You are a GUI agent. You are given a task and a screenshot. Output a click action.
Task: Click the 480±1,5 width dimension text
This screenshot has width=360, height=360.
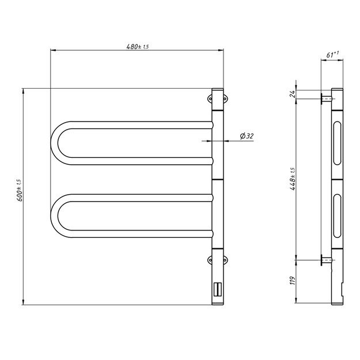pyautogui.click(x=137, y=47)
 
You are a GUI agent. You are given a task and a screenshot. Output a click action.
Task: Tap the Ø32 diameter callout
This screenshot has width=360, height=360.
pyautogui.click(x=247, y=136)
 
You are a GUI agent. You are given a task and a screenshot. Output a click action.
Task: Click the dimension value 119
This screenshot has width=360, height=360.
pyautogui.click(x=293, y=281)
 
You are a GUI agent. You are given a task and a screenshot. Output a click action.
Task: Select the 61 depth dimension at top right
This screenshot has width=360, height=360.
pyautogui.click(x=332, y=55)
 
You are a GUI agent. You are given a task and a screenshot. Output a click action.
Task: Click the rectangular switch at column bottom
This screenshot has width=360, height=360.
pyautogui.click(x=218, y=289)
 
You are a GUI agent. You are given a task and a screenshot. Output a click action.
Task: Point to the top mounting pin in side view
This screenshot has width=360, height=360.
pyautogui.click(x=326, y=98)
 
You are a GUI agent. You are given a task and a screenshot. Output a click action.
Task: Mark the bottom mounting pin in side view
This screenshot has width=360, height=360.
pyautogui.click(x=326, y=261)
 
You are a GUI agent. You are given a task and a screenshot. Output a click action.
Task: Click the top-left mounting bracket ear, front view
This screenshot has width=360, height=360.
pyautogui.click(x=210, y=98)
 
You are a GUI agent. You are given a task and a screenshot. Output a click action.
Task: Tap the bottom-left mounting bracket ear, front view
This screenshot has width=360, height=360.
pyautogui.click(x=210, y=261)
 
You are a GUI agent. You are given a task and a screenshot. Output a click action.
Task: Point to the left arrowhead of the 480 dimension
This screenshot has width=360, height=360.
pyautogui.click(x=54, y=51)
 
